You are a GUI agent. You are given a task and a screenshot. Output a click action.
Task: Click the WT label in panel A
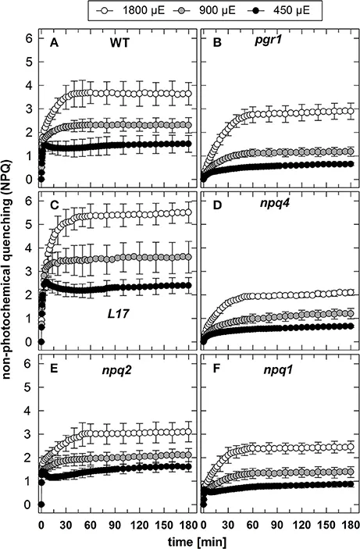pyautogui.click(x=119, y=43)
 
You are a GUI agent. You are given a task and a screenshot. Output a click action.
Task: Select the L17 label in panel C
pyautogui.click(x=118, y=314)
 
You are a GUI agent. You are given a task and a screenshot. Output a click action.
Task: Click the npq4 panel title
pyautogui.click(x=274, y=205)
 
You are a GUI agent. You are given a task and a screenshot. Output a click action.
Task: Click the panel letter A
pyautogui.click(x=54, y=43)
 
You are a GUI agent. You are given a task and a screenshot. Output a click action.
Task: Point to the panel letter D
pyautogui.click(x=217, y=205)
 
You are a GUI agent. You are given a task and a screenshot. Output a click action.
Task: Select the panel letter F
pyautogui.click(x=217, y=369)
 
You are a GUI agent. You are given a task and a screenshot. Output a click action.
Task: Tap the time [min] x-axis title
pyautogui.click(x=197, y=542)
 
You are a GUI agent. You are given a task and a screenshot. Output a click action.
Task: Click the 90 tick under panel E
pyautogui.click(x=116, y=525)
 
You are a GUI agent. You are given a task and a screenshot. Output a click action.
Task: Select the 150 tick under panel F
pyautogui.click(x=327, y=525)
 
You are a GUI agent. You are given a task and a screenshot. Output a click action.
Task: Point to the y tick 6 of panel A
pyautogui.click(x=30, y=38)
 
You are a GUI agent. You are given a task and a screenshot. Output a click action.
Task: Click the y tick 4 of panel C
pyautogui.click(x=30, y=248)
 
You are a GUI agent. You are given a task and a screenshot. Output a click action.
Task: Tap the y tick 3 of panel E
pyautogui.click(x=30, y=434)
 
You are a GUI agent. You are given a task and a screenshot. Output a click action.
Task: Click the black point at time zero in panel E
pyautogui.click(x=41, y=504)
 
